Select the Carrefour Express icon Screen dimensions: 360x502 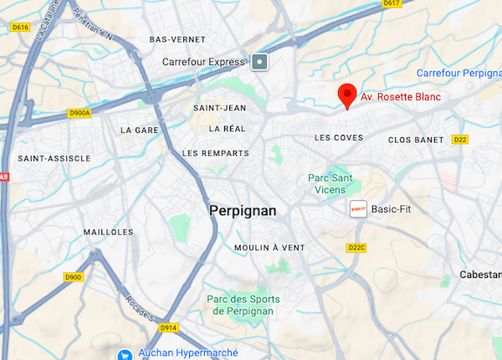(x=260, y=61)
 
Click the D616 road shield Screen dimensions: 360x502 (x=20, y=28)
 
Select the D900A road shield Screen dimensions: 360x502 (x=80, y=113)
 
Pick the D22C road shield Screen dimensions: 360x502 (x=357, y=248)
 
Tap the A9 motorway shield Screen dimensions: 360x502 (x=3, y=177)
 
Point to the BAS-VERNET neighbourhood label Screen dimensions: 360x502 (x=177, y=39)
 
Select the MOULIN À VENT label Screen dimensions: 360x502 (x=269, y=248)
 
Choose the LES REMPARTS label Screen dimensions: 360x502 (x=216, y=153)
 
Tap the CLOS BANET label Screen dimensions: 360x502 (x=415, y=140)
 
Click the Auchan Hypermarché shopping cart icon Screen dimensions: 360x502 (x=125, y=354)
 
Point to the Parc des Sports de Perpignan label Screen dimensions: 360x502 (x=243, y=306)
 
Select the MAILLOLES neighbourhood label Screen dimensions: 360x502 (x=109, y=232)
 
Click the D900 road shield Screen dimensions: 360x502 (x=74, y=277)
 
